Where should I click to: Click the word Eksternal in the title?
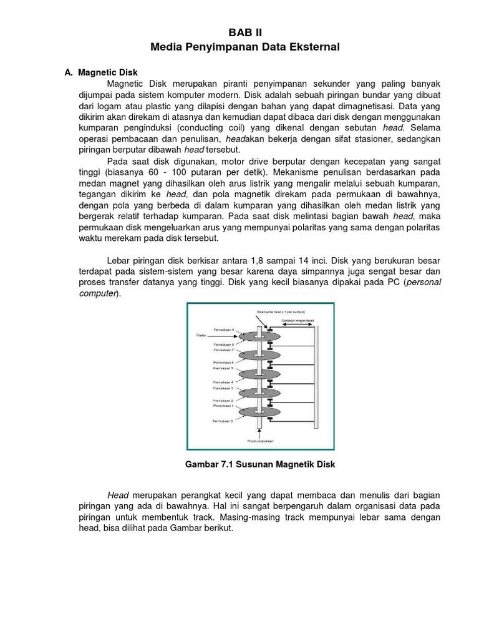(308, 47)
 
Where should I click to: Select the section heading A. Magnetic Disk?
(101, 72)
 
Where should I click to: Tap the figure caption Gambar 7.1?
(261, 465)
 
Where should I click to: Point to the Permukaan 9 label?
(225, 328)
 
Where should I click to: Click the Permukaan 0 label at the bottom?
(225, 422)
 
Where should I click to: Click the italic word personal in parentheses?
(423, 282)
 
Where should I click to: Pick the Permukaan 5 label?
(225, 369)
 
